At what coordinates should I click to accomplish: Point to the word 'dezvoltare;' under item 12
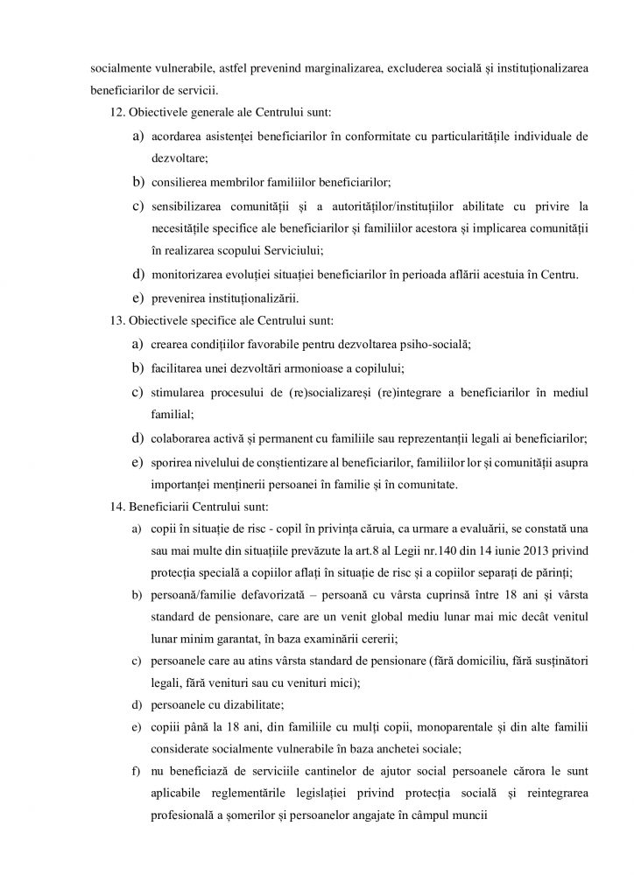point(180,160)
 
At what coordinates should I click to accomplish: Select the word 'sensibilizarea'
point(187,206)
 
